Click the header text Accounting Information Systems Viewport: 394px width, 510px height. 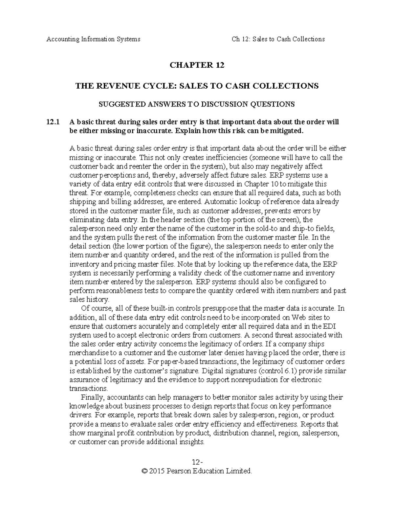pyautogui.click(x=93, y=39)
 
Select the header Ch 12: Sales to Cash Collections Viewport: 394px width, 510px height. pyautogui.click(x=278, y=39)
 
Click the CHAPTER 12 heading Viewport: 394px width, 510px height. pyautogui.click(x=197, y=65)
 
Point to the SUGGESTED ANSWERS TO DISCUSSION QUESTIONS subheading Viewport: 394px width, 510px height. pyautogui.click(x=197, y=104)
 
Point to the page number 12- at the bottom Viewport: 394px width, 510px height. pyautogui.click(x=196, y=462)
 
